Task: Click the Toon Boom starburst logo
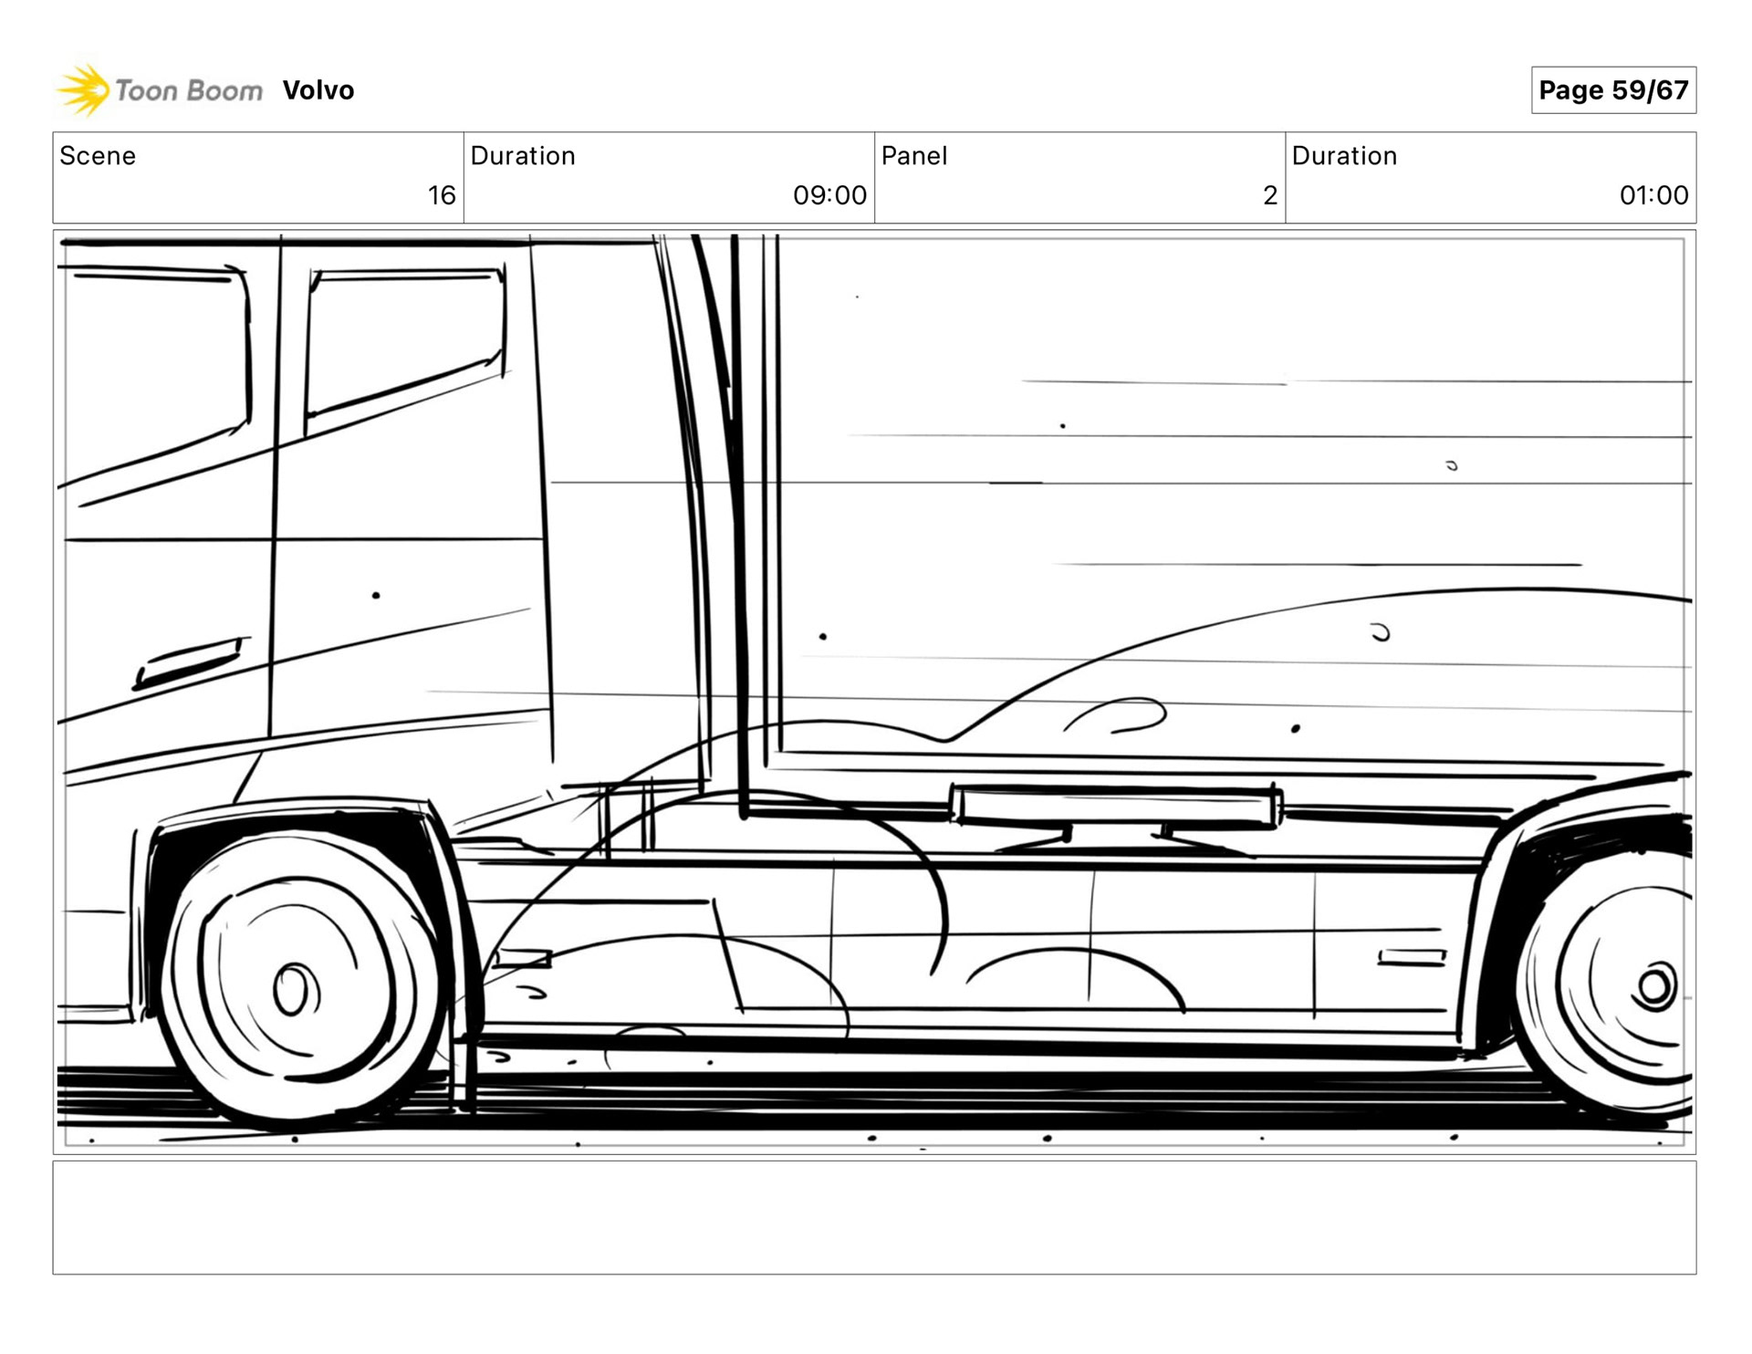pos(83,90)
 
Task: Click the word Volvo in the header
pos(318,90)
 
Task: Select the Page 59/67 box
pos(1612,90)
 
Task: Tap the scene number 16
pos(442,195)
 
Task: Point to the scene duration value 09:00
pos(829,195)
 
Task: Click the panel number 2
pos(1269,195)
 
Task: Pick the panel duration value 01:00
pos(1653,195)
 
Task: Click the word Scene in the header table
pos(98,156)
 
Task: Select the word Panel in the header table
pos(913,156)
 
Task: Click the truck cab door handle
pos(190,661)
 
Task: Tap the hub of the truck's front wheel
pos(294,990)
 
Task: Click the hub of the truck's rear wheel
pos(1654,986)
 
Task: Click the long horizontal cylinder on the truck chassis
pos(1115,806)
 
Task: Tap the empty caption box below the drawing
pos(874,1217)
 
